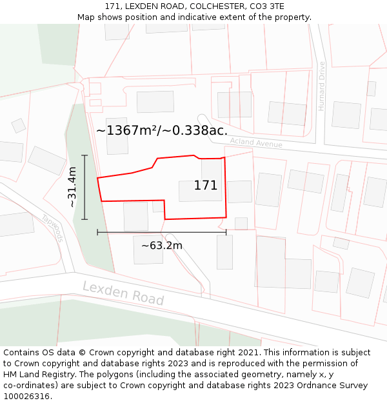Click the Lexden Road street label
tap(123, 293)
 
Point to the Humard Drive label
tap(321, 86)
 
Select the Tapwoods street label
tap(53, 228)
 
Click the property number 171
tap(206, 186)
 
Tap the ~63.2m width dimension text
tap(162, 245)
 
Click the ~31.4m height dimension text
tap(72, 187)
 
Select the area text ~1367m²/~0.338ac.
tap(162, 130)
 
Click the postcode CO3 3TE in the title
tap(266, 6)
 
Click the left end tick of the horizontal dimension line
tap(97, 232)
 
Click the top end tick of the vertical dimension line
tap(84, 155)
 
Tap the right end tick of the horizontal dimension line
tap(226, 232)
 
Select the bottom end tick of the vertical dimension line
tap(84, 219)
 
